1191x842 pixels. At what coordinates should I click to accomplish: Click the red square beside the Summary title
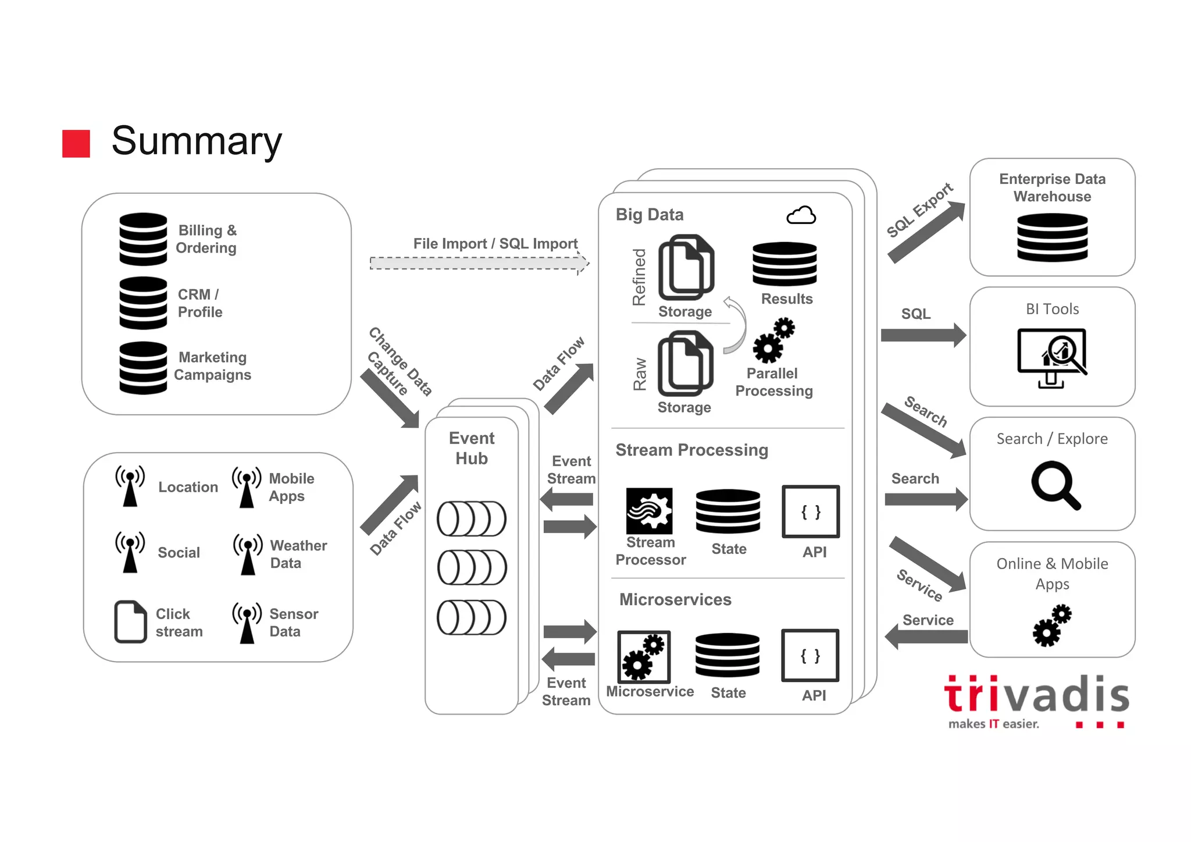click(76, 144)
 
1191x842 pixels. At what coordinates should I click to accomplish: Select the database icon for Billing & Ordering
click(143, 239)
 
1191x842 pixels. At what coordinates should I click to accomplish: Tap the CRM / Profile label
click(199, 303)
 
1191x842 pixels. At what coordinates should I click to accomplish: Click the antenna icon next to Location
click(130, 486)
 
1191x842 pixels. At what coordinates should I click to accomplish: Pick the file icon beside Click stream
click(130, 621)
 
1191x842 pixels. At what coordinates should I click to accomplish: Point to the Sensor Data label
click(293, 623)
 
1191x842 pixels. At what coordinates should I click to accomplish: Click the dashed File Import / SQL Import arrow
click(478, 263)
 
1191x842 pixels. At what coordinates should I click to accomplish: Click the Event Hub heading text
click(472, 448)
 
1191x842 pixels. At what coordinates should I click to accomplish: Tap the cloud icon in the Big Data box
click(801, 216)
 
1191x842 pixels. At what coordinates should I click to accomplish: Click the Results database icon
click(785, 264)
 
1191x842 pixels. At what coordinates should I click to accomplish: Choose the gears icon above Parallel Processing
click(773, 340)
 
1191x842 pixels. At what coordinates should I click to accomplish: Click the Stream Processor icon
click(649, 511)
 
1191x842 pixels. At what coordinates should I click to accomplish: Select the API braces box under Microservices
click(810, 655)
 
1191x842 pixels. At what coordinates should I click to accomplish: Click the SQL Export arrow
click(926, 232)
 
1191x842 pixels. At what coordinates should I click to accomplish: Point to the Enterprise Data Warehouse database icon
click(1052, 237)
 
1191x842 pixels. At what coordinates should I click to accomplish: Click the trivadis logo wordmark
click(1036, 696)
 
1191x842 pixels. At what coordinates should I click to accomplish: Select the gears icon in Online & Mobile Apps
click(1052, 626)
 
